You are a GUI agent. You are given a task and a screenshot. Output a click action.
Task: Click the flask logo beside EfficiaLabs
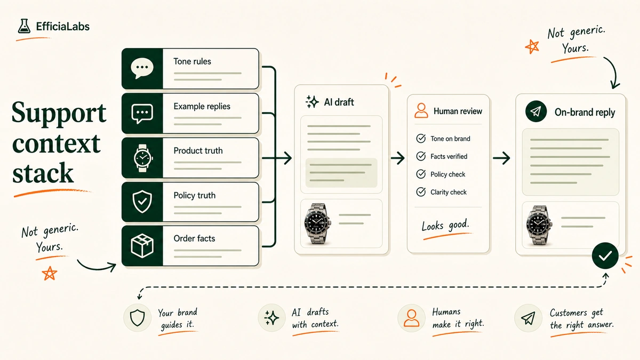coord(24,26)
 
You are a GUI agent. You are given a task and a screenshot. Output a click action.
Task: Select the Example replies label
coord(202,106)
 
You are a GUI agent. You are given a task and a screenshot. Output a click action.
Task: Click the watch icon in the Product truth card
coord(143,158)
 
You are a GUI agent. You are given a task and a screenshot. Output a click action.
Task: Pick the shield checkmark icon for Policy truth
coord(142,202)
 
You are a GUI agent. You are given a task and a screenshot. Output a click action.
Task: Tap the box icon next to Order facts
coord(142,246)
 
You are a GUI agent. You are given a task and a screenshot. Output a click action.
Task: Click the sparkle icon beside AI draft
coord(312,102)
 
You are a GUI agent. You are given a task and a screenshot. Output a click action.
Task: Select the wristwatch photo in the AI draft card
coord(317,223)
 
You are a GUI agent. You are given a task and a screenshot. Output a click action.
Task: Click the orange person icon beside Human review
coord(421,110)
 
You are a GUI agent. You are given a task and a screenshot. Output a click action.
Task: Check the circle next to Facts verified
coord(421,156)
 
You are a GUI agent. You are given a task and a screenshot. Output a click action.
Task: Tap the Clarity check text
coord(449,193)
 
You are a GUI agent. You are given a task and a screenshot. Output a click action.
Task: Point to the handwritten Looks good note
coord(445,226)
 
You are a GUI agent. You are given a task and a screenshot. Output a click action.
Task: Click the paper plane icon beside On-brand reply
coord(536,111)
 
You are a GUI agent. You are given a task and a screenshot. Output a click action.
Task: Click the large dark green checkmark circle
coord(605,255)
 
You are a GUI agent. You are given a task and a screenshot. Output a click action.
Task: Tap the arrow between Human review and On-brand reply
coord(501,158)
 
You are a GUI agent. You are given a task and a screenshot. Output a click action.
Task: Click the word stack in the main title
coord(43,173)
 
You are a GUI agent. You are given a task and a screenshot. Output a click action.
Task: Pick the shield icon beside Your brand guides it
coord(138,318)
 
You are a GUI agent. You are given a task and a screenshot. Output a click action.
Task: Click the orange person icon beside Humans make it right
coord(411,318)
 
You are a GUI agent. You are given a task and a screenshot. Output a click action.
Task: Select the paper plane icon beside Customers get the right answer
coord(528,318)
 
